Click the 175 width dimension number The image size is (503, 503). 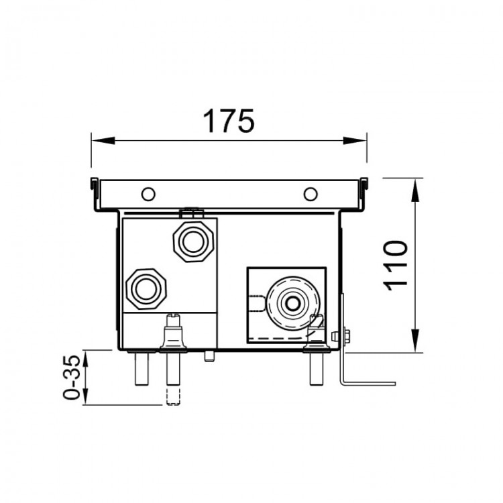tap(229, 121)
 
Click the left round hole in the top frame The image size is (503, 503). tap(148, 194)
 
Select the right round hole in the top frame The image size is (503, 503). tap(309, 194)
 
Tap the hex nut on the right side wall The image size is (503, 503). tap(346, 335)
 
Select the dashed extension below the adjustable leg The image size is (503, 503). tap(174, 396)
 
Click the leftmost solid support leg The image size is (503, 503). tap(142, 368)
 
